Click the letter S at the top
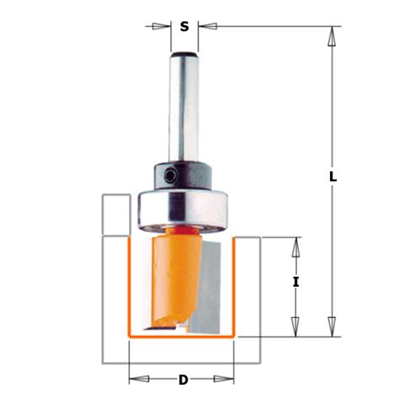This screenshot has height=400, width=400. pyautogui.click(x=184, y=26)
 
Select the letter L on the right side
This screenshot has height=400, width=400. pyautogui.click(x=332, y=177)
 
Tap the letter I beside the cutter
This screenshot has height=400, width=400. pyautogui.click(x=295, y=283)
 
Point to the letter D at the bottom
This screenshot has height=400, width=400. pyautogui.click(x=182, y=380)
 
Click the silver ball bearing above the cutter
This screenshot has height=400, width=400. pyautogui.click(x=182, y=208)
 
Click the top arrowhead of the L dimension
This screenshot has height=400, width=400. pyautogui.click(x=333, y=35)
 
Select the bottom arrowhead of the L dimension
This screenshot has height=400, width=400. pyautogui.click(x=333, y=328)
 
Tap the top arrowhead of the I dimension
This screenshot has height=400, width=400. pyautogui.click(x=295, y=245)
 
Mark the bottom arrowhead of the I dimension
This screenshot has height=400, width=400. pyautogui.click(x=295, y=328)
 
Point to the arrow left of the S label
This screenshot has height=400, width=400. pyautogui.click(x=162, y=26)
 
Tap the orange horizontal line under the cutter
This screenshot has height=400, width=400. pyautogui.click(x=181, y=336)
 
